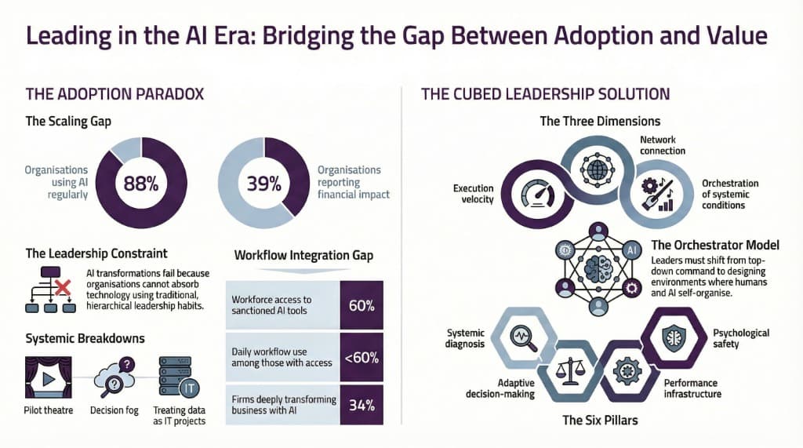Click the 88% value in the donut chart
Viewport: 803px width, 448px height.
tap(141, 184)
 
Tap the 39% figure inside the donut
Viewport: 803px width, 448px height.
tap(264, 184)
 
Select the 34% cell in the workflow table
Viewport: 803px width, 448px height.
tap(362, 405)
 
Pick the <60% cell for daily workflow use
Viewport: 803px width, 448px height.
tap(362, 358)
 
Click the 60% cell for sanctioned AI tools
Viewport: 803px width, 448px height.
tap(362, 305)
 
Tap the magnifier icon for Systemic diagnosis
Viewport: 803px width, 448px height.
tap(520, 337)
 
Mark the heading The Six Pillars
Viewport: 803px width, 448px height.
tap(600, 420)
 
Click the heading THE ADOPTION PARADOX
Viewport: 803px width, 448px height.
tap(114, 94)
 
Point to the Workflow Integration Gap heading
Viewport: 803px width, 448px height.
tap(303, 255)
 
